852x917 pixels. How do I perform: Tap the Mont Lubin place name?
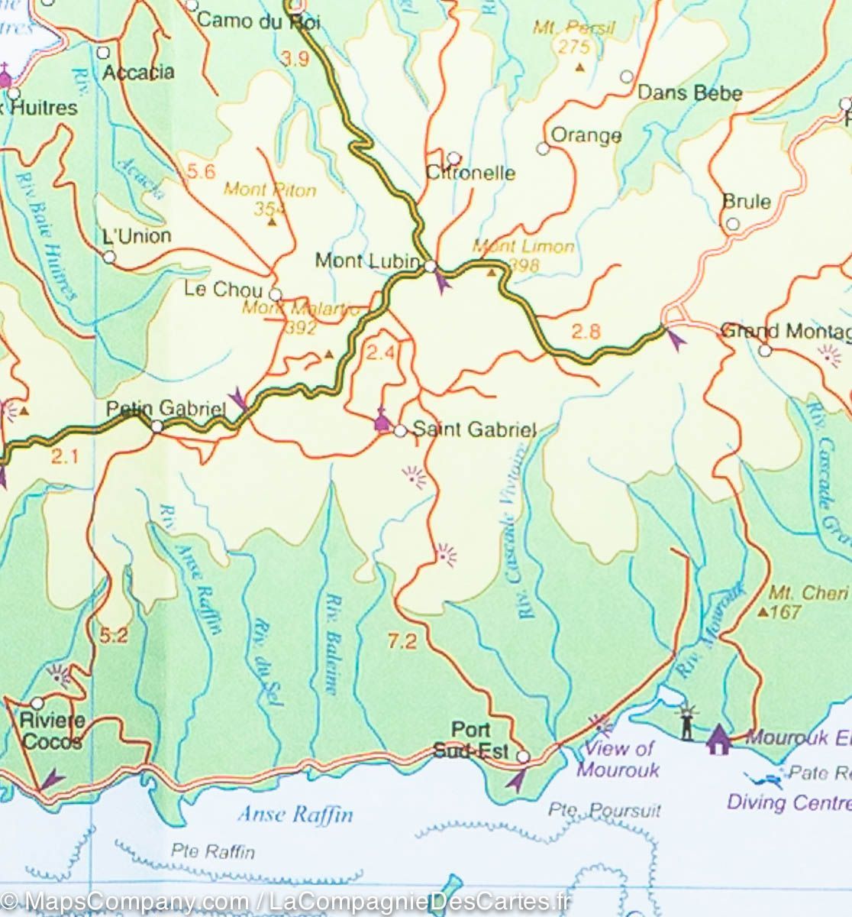pos(367,261)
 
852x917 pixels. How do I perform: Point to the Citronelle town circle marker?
pos(454,158)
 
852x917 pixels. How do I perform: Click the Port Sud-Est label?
pos(470,740)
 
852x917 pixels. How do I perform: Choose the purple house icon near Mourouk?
pos(718,739)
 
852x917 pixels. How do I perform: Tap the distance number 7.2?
pos(402,642)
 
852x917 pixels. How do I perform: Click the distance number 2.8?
pos(586,332)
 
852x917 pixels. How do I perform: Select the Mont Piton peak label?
pos(269,190)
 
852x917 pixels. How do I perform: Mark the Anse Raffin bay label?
pos(295,814)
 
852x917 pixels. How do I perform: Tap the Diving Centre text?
pos(789,802)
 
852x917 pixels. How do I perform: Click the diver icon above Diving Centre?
pos(763,779)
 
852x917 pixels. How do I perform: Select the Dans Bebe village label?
pos(689,93)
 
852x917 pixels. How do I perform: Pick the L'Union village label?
pos(136,236)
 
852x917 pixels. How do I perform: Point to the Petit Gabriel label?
pos(166,409)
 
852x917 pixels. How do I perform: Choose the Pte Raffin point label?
pos(213,851)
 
